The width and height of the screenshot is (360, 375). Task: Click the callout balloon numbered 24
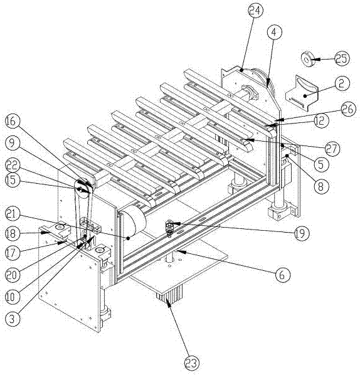[x=255, y=10]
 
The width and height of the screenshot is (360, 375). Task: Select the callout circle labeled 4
[x=275, y=32]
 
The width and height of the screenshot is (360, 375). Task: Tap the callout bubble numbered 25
[x=342, y=58]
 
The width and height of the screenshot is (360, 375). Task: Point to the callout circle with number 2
[x=342, y=83]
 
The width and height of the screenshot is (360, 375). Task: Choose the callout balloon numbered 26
[x=348, y=109]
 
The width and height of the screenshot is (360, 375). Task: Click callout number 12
[x=321, y=121]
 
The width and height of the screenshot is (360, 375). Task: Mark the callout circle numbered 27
[x=332, y=149]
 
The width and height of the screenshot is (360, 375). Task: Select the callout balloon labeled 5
[x=321, y=164]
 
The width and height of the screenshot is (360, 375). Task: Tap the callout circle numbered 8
[x=320, y=186]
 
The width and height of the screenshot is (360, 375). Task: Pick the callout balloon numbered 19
[x=302, y=233]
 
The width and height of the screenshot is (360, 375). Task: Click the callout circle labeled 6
[x=282, y=275]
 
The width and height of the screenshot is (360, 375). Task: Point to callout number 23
[x=191, y=363]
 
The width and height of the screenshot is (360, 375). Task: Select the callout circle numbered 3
[x=12, y=319]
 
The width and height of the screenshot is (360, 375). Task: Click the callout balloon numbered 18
[x=12, y=233]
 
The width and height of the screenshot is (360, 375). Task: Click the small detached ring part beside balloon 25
[x=307, y=59]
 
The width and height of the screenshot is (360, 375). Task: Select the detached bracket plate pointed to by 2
[x=302, y=93]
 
